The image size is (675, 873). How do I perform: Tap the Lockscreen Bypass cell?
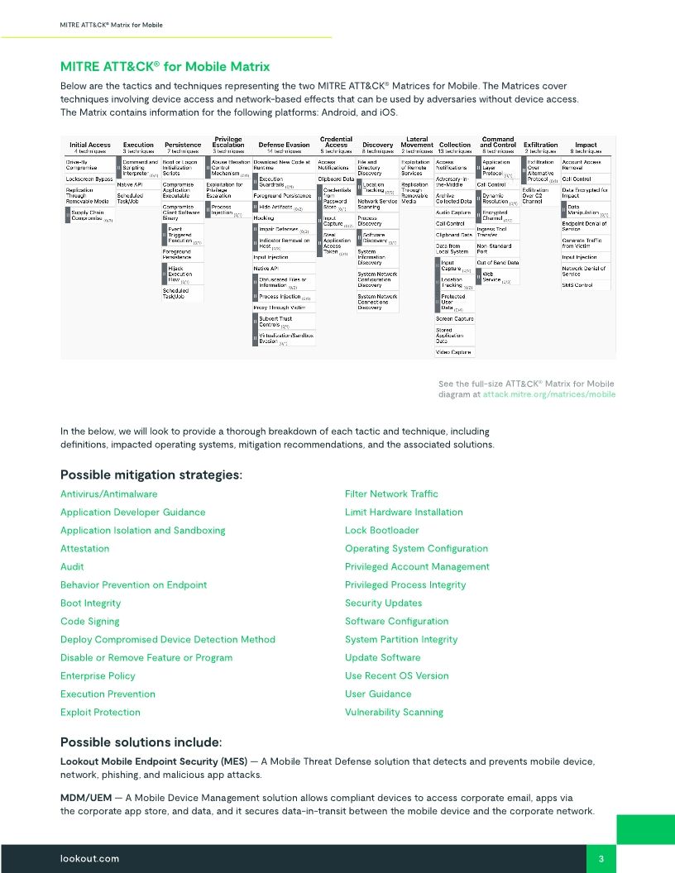tap(89, 179)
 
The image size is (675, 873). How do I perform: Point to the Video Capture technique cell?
tap(453, 351)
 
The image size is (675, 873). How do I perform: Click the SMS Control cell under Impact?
tap(577, 285)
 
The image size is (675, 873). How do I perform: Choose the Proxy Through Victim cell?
tap(280, 307)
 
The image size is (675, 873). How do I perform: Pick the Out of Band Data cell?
tap(498, 262)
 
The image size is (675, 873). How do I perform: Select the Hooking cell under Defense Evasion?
tap(264, 217)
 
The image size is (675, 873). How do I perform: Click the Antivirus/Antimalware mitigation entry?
tap(108, 494)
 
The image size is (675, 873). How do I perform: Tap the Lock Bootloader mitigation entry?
tap(381, 530)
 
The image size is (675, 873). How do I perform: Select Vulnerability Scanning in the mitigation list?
tap(394, 712)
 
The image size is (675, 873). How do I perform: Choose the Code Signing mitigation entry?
tap(89, 621)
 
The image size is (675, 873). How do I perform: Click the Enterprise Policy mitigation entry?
tap(98, 675)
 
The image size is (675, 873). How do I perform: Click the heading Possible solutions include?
tap(141, 742)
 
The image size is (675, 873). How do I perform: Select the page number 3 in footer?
tap(601, 859)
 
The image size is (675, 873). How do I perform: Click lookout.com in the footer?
tap(89, 859)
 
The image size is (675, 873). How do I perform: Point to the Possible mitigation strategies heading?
tap(151, 475)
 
